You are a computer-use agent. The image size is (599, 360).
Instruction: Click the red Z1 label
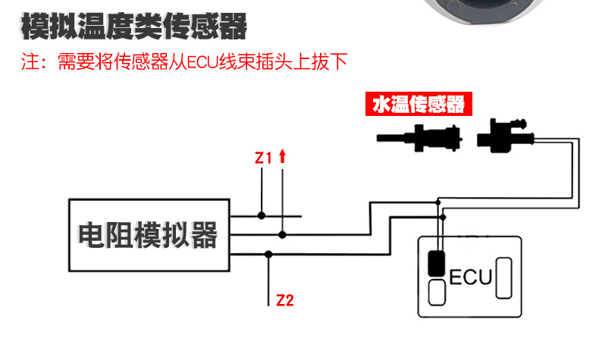point(262,158)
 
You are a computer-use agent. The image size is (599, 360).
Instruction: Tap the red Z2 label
point(284,300)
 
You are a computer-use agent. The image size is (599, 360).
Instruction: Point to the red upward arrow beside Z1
point(282,156)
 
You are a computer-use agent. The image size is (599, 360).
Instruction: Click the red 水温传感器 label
point(418,105)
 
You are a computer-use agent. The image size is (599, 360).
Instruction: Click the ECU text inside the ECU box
point(471,277)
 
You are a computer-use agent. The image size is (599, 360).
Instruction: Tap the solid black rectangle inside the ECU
point(436,263)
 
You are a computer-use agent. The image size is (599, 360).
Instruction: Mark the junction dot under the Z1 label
point(262,216)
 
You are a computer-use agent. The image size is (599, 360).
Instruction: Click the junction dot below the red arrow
point(282,234)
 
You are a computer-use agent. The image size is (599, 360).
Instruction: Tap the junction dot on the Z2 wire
point(268,254)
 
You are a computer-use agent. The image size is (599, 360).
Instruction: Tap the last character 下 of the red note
point(337,62)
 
